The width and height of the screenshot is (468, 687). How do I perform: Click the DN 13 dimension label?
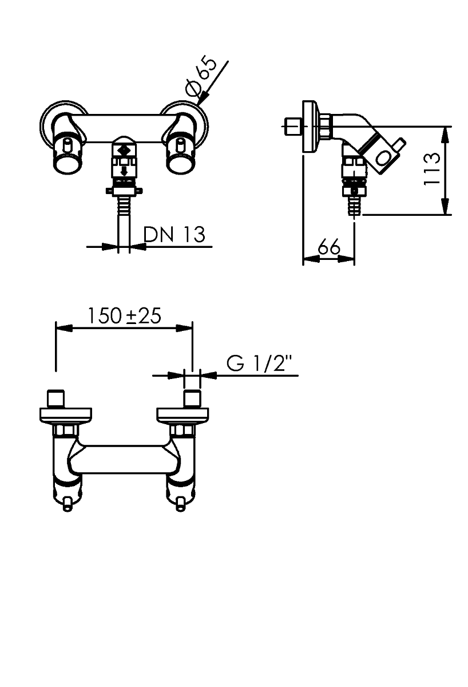coord(174,235)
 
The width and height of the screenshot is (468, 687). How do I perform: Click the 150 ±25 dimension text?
coord(124,316)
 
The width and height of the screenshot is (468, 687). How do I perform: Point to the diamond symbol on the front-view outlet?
coord(124,151)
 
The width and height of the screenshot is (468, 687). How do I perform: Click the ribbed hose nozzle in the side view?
coord(355,205)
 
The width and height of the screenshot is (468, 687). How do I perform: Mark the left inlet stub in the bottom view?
coord(56,399)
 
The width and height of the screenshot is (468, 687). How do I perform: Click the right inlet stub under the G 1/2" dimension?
coord(192,399)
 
